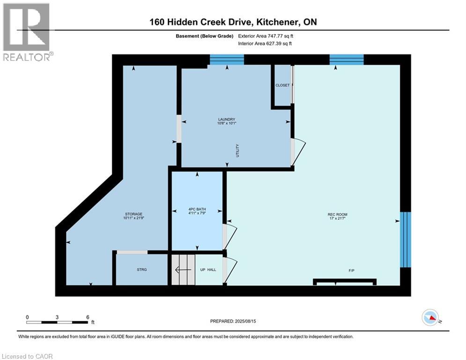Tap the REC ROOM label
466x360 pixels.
click(337, 215)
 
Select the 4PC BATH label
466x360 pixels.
click(197, 210)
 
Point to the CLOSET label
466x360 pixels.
click(282, 85)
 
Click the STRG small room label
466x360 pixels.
click(141, 270)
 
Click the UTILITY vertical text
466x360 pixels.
click(237, 150)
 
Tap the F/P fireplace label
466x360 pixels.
click(351, 270)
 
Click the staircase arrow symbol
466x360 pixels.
click(183, 270)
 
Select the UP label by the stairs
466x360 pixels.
click(203, 270)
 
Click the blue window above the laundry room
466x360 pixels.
click(227, 59)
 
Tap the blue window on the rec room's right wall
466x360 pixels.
click(405, 239)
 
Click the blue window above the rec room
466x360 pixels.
click(347, 59)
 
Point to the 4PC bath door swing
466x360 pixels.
click(230, 236)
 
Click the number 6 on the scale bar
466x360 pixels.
click(88, 317)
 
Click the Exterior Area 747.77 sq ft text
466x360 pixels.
click(266, 36)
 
